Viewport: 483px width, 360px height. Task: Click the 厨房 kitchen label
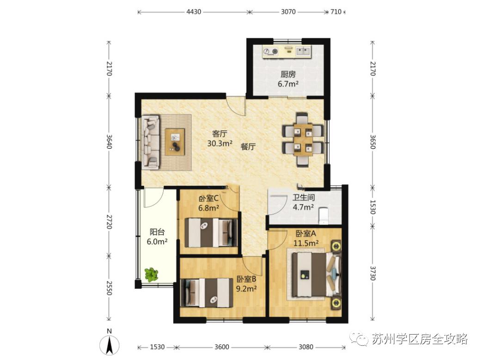pos(288,74)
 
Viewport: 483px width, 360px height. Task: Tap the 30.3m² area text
pos(220,143)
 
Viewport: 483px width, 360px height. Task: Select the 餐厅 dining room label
pos(248,147)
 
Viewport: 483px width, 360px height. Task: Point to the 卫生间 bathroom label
pos(303,197)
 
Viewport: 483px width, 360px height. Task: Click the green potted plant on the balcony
pos(151,274)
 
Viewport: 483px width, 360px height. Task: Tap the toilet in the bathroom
pos(324,215)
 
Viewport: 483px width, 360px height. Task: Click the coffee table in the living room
pos(175,142)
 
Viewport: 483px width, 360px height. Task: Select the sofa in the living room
pos(151,142)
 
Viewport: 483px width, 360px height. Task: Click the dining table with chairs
pos(303,140)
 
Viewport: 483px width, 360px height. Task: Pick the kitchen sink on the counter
pos(303,51)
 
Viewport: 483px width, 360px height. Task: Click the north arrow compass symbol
pos(109,344)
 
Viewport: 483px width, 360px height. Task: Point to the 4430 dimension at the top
pos(194,12)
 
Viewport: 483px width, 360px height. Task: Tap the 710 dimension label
pos(336,12)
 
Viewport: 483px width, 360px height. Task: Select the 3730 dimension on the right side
pos(373,273)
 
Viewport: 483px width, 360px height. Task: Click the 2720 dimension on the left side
pos(109,221)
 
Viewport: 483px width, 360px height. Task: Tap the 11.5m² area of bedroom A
pos(306,243)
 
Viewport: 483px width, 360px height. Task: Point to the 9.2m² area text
pos(246,288)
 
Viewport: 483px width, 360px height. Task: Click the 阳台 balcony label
pos(157,232)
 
